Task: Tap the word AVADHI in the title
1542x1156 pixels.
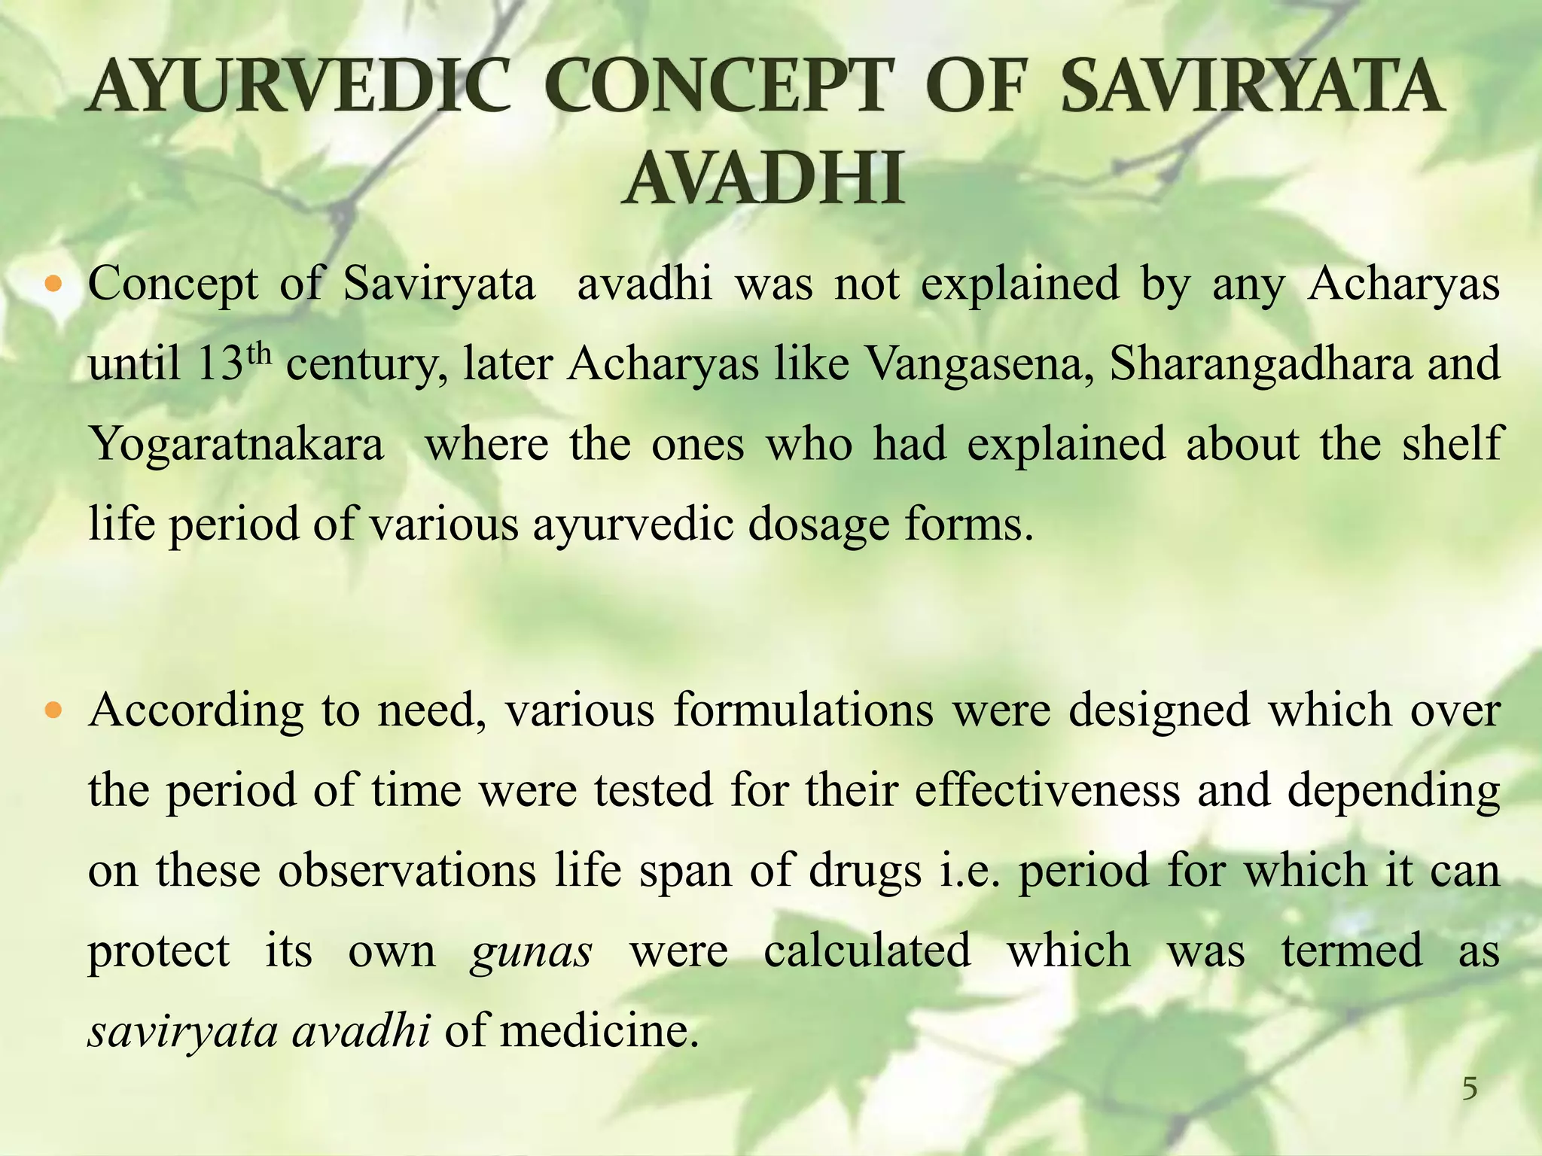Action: coord(763,178)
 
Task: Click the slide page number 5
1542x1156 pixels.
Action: coord(1469,1088)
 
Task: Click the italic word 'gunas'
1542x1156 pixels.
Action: coord(531,951)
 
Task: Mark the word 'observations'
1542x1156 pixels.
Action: coord(407,870)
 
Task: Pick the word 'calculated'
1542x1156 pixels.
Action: coord(867,950)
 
